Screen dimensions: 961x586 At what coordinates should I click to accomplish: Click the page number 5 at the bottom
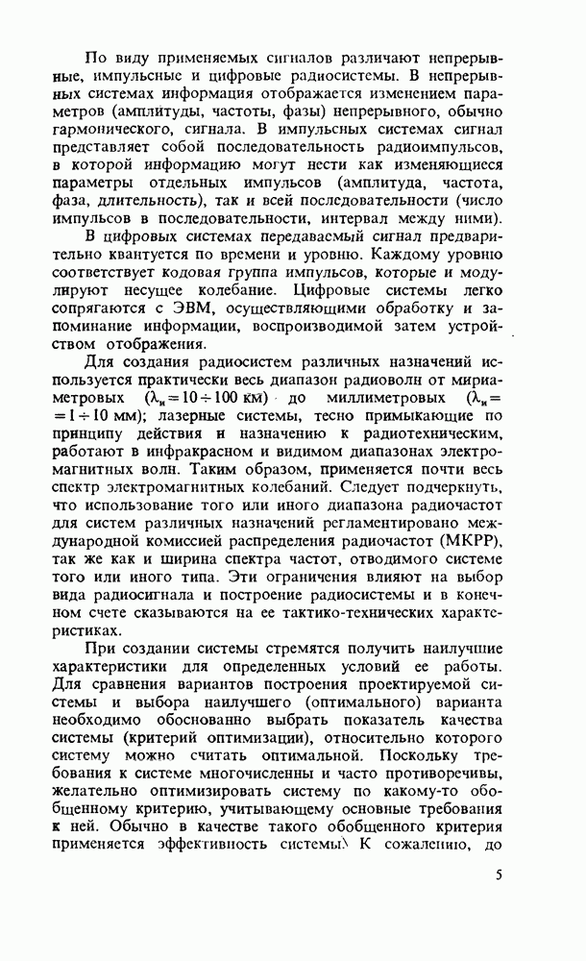tap(499, 903)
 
